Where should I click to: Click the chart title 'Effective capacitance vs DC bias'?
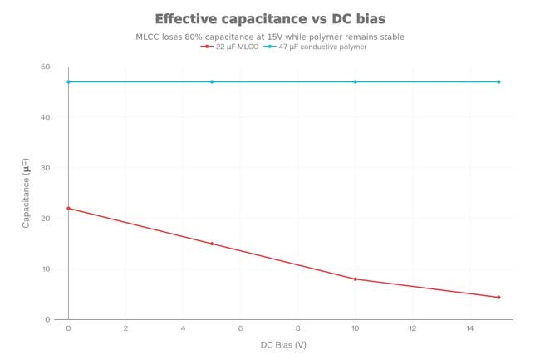(270, 19)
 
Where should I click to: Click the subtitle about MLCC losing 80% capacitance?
(270, 37)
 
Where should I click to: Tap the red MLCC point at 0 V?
(68, 208)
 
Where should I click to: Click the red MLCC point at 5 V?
(212, 244)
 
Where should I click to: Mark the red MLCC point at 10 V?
(356, 279)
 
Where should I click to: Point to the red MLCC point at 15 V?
(498, 297)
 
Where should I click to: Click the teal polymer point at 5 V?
(212, 81)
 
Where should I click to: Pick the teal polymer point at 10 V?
(356, 81)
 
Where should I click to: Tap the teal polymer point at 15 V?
(498, 81)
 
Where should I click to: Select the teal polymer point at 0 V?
(68, 81)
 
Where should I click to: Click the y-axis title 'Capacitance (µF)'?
(26, 193)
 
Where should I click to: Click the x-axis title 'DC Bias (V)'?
(283, 344)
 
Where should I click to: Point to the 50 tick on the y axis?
(45, 67)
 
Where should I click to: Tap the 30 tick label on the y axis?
(45, 168)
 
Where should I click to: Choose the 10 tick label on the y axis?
(45, 269)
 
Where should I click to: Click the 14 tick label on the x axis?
(470, 328)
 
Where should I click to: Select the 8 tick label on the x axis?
(297, 328)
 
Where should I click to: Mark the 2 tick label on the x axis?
(125, 328)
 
